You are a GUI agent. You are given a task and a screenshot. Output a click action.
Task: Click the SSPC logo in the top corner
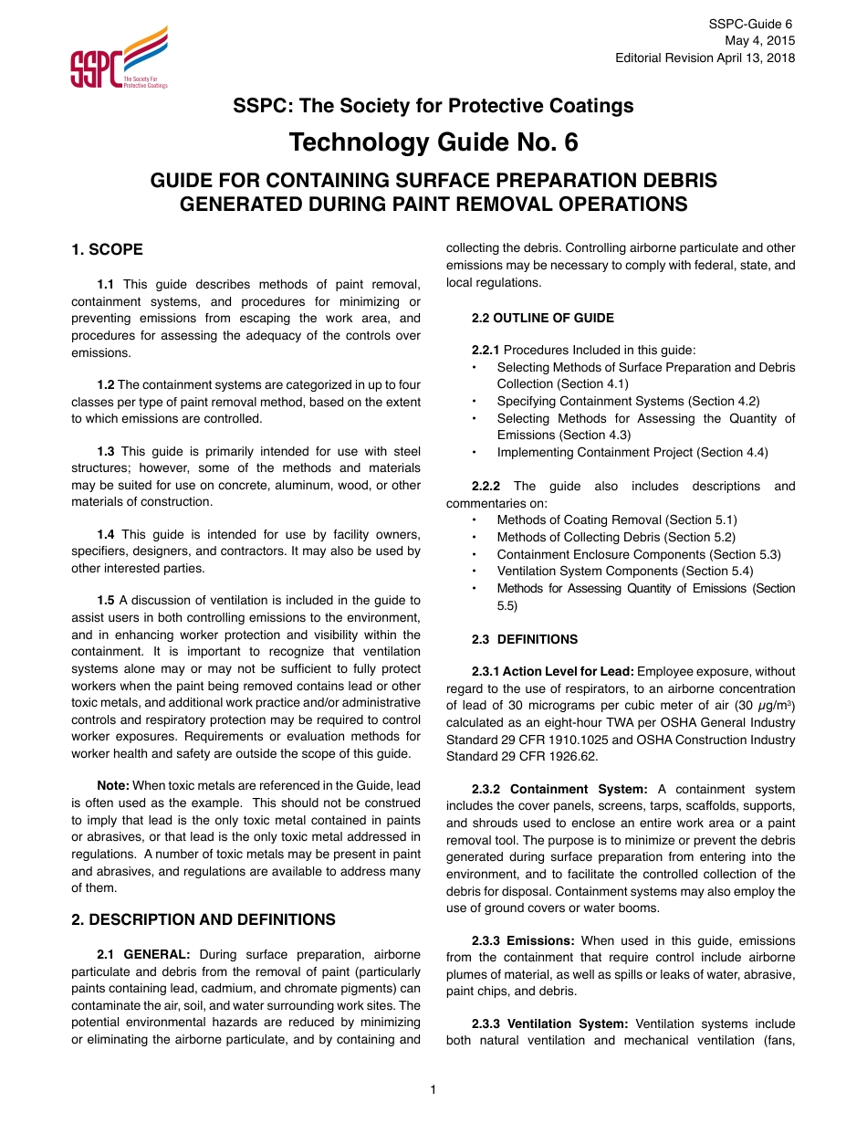coord(119,58)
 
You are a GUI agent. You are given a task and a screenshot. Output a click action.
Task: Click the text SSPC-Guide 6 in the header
coord(751,24)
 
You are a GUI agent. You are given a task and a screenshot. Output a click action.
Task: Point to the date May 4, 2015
coord(759,40)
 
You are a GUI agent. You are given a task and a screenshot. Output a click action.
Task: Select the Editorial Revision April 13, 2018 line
coord(705,58)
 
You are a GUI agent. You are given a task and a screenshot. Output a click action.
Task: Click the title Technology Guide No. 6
coord(433,143)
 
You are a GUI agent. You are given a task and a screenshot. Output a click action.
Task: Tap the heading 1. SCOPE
coord(107,249)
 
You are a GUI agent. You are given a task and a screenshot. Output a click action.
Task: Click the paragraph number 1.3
coord(106,451)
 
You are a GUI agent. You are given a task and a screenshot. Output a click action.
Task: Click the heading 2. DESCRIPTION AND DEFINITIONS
coord(204,919)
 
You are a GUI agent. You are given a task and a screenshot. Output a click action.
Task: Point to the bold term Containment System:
coord(579,789)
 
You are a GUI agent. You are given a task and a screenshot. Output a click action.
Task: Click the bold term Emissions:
coord(540,940)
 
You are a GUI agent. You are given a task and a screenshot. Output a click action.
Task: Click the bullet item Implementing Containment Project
coord(632,452)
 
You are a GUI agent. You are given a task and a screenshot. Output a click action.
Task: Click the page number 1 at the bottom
coord(433,1089)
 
